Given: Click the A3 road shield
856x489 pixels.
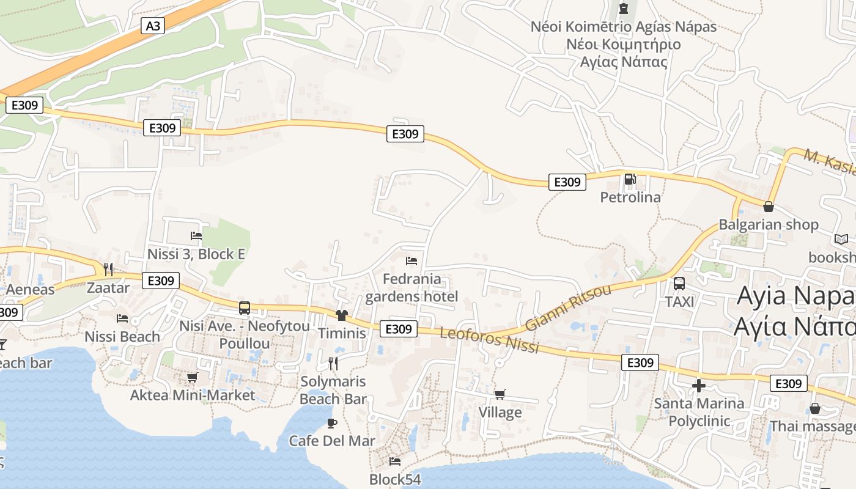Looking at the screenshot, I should (153, 26).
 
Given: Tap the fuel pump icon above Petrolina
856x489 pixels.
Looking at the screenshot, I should (629, 179).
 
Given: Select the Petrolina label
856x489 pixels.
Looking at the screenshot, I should (630, 197).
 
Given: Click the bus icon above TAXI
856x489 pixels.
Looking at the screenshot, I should (679, 284).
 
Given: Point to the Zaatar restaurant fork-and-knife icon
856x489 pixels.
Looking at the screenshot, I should (108, 269).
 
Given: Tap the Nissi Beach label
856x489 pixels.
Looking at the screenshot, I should (122, 336).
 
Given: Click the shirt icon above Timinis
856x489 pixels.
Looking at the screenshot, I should (341, 315).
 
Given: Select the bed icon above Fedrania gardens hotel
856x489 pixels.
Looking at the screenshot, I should (411, 261).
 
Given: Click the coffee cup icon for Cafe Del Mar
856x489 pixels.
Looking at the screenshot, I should (332, 423).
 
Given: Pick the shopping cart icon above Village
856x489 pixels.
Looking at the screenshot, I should (500, 394).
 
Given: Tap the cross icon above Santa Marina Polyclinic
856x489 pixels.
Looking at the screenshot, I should (698, 386).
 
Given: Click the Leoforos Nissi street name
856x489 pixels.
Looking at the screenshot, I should (490, 341).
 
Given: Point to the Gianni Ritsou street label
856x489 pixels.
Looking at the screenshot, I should (568, 307).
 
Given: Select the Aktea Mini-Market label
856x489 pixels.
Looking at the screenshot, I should (193, 395).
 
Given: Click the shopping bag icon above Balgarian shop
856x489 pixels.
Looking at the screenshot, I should (768, 207).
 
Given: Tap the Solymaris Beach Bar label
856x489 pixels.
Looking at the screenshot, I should (333, 390).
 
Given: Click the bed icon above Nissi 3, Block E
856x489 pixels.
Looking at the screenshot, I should (196, 236).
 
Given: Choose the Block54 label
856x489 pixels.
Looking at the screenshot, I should (395, 479).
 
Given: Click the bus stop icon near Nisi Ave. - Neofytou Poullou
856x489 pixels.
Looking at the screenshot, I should (245, 308).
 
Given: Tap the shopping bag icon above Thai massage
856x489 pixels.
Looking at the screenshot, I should (814, 408).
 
